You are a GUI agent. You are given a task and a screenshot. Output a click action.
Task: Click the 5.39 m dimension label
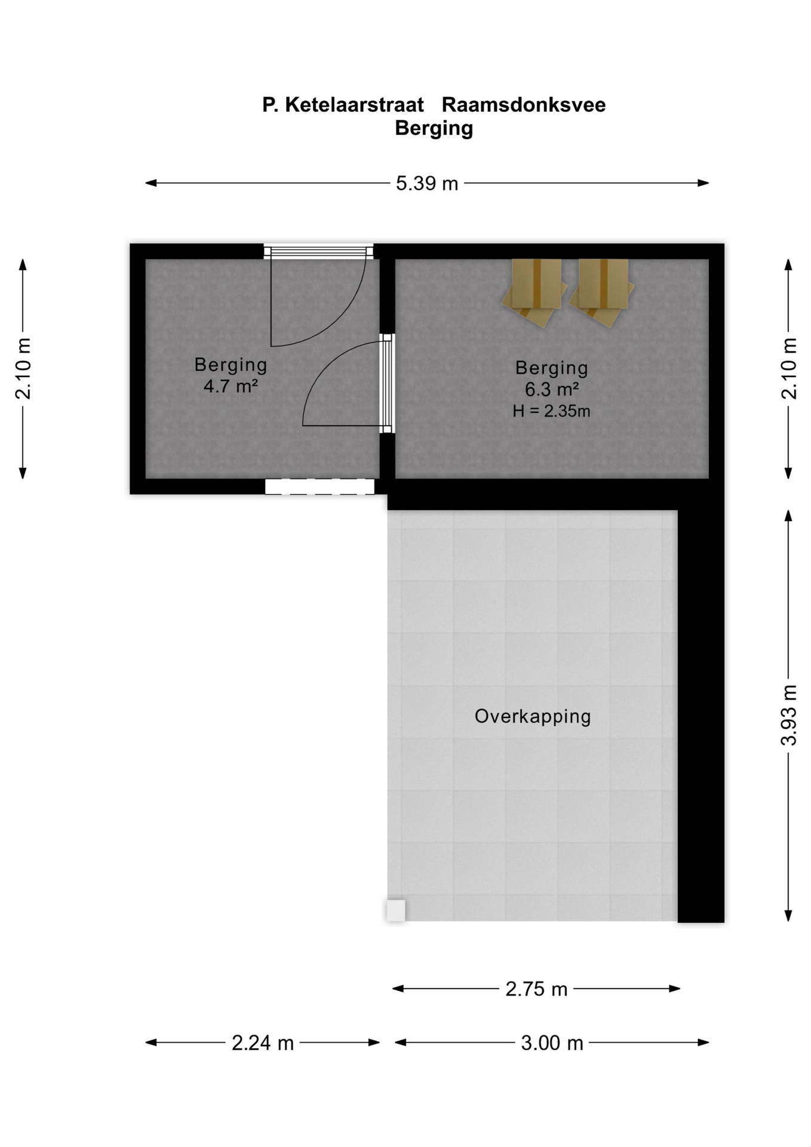pos(427,183)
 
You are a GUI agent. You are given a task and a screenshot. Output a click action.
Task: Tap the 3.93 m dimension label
pos(789,715)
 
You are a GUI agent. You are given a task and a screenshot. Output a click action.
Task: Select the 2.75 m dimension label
pos(536,989)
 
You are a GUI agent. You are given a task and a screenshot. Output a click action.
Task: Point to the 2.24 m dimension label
pos(263,1042)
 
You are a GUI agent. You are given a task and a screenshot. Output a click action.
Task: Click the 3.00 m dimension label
pos(552,1042)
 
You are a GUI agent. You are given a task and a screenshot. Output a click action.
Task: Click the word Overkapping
pos(533,716)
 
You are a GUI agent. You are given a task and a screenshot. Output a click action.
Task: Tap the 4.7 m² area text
pos(231,386)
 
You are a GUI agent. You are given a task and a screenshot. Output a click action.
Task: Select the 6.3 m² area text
pos(552,390)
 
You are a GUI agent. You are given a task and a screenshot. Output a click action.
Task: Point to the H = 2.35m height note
pos(551,411)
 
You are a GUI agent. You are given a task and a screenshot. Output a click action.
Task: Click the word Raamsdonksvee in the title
pos(524,105)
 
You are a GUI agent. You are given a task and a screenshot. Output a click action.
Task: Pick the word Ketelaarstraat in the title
pos(354,105)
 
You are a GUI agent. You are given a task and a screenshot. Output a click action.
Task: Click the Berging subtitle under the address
pos(434,128)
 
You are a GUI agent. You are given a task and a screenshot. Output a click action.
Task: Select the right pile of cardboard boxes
pos(602,292)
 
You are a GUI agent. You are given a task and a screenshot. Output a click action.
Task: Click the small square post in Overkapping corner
pos(396,910)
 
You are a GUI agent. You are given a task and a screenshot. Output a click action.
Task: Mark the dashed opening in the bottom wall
pos(320,486)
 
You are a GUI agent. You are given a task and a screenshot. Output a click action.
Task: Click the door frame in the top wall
pos(319,252)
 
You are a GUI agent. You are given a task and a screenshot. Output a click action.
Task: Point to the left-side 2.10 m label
pos(23,369)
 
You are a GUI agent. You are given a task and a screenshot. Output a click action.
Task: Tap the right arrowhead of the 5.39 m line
pos(703,183)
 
